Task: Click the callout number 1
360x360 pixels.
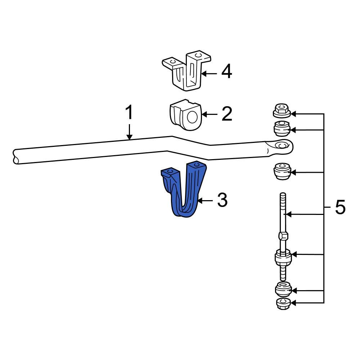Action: click(x=129, y=113)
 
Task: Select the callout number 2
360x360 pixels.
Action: click(x=226, y=114)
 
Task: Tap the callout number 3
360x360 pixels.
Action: click(x=222, y=200)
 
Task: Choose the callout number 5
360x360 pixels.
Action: click(x=340, y=207)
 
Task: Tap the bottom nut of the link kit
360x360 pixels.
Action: click(x=283, y=304)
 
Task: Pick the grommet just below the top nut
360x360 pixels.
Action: click(x=282, y=128)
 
